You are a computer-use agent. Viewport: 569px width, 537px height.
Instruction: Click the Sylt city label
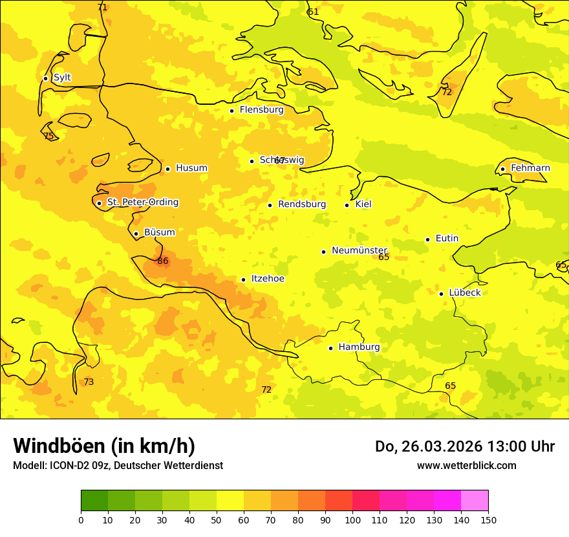click(x=62, y=78)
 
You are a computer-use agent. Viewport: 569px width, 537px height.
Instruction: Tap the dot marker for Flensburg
click(x=231, y=111)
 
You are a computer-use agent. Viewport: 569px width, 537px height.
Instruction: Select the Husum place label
click(x=191, y=168)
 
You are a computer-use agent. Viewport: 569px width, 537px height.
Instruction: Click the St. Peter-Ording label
click(x=142, y=203)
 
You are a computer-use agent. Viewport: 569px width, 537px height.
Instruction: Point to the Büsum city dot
click(x=136, y=234)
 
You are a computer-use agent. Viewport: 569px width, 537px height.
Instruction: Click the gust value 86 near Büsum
click(x=163, y=261)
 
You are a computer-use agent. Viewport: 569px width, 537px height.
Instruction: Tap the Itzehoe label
click(x=267, y=279)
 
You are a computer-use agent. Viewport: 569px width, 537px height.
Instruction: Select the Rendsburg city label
click(x=301, y=204)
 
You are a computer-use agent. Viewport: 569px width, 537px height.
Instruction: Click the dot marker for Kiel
click(x=347, y=205)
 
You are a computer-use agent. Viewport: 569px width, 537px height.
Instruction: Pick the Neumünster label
click(x=359, y=250)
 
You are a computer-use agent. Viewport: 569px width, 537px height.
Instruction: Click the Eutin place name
click(x=447, y=239)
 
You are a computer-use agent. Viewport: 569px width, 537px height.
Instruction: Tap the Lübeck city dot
click(x=441, y=294)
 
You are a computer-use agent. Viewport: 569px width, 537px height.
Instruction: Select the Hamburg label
click(x=359, y=347)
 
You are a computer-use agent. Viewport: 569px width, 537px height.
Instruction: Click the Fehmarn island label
click(x=530, y=168)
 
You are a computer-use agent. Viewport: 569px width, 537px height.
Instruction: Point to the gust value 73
click(x=89, y=382)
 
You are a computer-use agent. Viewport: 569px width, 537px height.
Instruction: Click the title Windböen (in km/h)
click(x=104, y=446)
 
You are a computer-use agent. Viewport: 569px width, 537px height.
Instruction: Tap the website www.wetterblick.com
click(x=466, y=466)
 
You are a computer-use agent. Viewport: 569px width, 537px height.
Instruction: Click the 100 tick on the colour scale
click(x=352, y=520)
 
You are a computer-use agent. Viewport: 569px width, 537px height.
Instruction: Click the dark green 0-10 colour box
click(x=94, y=501)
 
